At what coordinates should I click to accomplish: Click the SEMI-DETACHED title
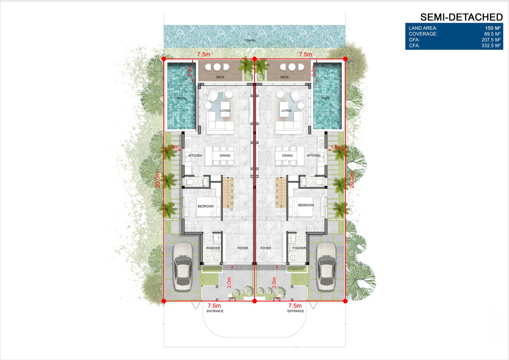461,17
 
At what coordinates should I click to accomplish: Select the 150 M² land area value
493,28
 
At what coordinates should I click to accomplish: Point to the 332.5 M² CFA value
491,45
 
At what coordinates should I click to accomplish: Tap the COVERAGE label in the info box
423,34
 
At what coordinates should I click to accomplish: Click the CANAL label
251,40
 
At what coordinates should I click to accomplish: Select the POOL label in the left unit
182,98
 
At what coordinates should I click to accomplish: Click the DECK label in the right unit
285,77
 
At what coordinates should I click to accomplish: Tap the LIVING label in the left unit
225,111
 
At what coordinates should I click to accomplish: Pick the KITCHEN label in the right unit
314,156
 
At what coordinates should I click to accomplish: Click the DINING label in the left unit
225,156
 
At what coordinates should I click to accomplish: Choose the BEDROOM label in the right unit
306,205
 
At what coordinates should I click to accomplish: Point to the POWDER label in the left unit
213,248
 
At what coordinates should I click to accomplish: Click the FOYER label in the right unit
265,248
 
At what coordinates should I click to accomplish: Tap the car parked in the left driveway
183,267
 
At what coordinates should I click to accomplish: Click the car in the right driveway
326,267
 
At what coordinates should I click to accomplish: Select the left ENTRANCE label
215,311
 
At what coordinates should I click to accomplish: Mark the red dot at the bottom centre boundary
254,301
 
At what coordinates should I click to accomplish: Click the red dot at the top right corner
345,59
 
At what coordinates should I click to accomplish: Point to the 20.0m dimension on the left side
158,180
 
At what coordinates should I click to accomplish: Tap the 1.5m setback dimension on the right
336,147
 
